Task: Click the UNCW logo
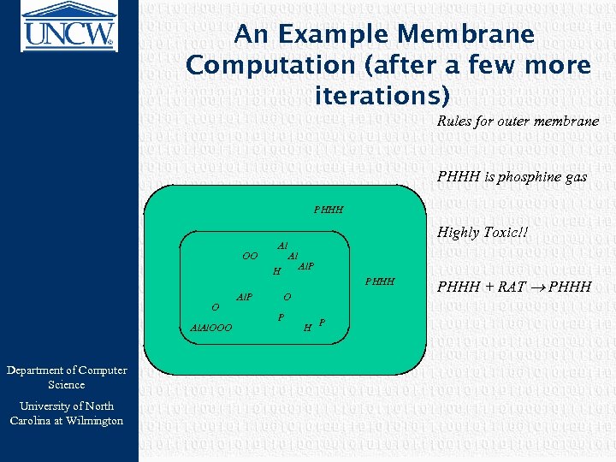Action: tap(68, 26)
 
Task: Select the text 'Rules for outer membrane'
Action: tap(518, 121)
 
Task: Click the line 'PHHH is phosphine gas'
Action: tap(512, 177)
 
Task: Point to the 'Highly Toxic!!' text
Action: tap(483, 232)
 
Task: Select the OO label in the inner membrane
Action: tap(250, 255)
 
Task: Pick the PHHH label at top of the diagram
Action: tap(329, 209)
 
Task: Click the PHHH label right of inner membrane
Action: tap(380, 281)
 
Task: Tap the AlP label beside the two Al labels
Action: tap(306, 267)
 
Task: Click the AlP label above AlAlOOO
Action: tap(245, 297)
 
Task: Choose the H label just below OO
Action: tap(275, 272)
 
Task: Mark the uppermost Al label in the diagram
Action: tap(282, 246)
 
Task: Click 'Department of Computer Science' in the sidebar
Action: tap(67, 377)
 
